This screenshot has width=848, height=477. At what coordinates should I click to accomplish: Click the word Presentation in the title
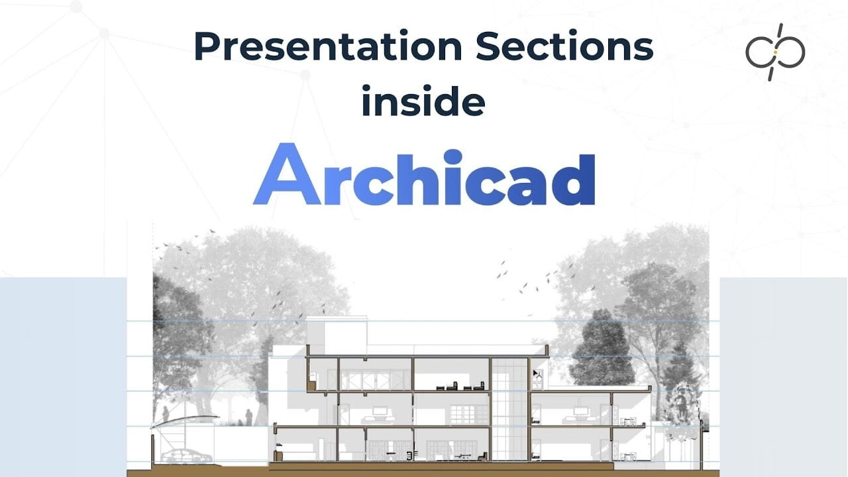click(328, 46)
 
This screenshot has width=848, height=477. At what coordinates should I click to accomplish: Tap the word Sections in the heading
click(564, 46)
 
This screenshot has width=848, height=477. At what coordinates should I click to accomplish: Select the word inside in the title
click(423, 101)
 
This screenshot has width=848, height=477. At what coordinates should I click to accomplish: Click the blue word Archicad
click(424, 174)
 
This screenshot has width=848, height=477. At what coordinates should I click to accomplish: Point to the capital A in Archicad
click(288, 174)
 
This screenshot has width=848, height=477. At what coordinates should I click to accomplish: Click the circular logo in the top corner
click(775, 52)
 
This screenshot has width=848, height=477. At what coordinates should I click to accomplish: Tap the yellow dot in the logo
click(775, 52)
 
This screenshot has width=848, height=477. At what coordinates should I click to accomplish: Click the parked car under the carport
click(187, 455)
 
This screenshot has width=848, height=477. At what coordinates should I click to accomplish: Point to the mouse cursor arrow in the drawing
click(536, 374)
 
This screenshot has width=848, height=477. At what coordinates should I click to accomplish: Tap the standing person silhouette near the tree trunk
click(248, 417)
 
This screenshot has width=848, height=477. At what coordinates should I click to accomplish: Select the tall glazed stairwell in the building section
click(509, 409)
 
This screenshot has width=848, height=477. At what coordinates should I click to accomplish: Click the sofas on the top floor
click(460, 386)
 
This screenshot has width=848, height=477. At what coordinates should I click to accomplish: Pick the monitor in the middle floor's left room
click(380, 411)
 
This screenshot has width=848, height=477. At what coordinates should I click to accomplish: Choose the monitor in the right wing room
click(580, 411)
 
